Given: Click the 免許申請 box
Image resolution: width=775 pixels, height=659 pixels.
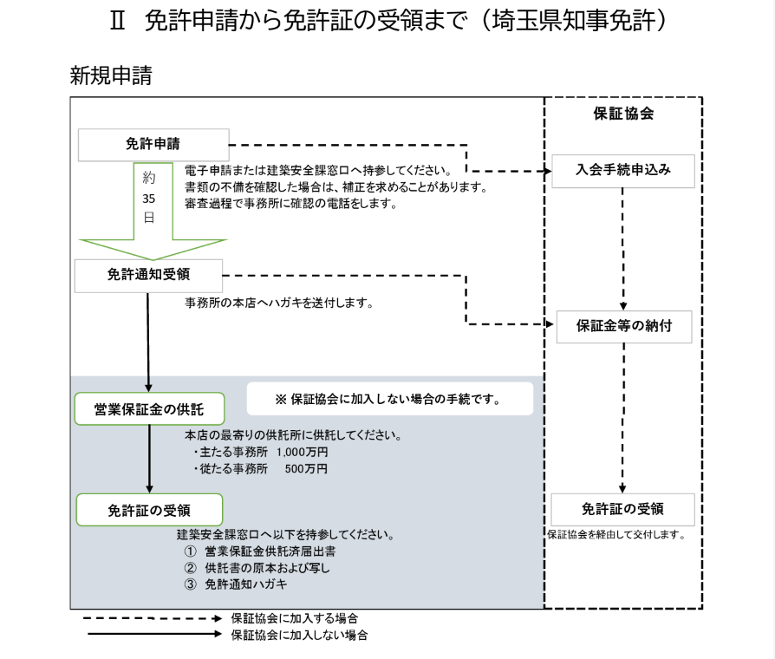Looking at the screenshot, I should [x=153, y=145].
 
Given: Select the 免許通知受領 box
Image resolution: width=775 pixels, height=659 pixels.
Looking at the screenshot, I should [x=149, y=275].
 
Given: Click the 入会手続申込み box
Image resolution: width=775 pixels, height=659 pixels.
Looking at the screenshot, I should [x=622, y=170].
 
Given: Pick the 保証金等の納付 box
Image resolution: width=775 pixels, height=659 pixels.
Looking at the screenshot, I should [x=623, y=327].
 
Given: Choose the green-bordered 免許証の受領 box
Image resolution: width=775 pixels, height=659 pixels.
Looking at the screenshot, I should [x=149, y=510].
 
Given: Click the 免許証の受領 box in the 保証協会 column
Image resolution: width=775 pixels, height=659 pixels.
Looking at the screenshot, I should [x=622, y=509].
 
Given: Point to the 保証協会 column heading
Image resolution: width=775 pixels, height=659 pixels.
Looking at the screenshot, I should [x=622, y=114].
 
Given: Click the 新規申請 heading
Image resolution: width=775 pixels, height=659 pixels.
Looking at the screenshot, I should [x=110, y=75].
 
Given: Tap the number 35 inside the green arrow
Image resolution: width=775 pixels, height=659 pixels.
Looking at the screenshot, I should [x=149, y=198].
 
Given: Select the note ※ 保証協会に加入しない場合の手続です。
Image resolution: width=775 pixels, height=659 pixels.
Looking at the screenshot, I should [x=389, y=400].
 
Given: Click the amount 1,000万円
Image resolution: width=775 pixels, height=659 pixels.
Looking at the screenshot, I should [x=302, y=452].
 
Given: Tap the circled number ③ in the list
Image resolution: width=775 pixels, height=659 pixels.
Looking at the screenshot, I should [x=191, y=584].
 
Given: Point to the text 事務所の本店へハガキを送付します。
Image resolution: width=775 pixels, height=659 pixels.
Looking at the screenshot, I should [x=279, y=303].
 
